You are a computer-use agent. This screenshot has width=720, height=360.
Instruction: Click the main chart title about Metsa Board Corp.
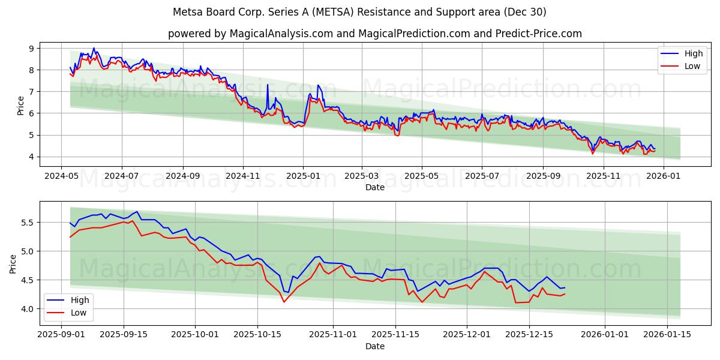pos(359,12)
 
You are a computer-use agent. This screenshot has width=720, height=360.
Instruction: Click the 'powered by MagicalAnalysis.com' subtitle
pos(374,34)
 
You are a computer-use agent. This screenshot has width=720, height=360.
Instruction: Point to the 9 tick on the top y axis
pos(31,48)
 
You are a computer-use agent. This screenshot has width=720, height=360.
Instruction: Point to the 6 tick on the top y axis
pos(31,113)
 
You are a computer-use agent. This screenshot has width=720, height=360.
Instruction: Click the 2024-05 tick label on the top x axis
pos(61,176)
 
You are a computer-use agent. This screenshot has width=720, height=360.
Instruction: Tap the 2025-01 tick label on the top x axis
pos(302,176)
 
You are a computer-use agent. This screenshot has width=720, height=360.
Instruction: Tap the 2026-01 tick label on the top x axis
pos(664,176)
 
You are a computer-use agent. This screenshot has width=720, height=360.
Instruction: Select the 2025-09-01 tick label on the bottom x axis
pos(61,335)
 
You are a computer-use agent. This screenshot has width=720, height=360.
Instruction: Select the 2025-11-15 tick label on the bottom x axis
pos(395,335)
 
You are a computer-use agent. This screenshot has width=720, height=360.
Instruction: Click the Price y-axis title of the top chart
pos(21,105)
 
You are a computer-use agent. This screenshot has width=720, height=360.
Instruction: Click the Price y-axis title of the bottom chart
pos(13,263)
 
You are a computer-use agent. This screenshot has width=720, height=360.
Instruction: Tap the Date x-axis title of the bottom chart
pos(374,346)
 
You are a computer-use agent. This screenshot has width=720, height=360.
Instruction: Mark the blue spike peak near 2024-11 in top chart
pos(268,85)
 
